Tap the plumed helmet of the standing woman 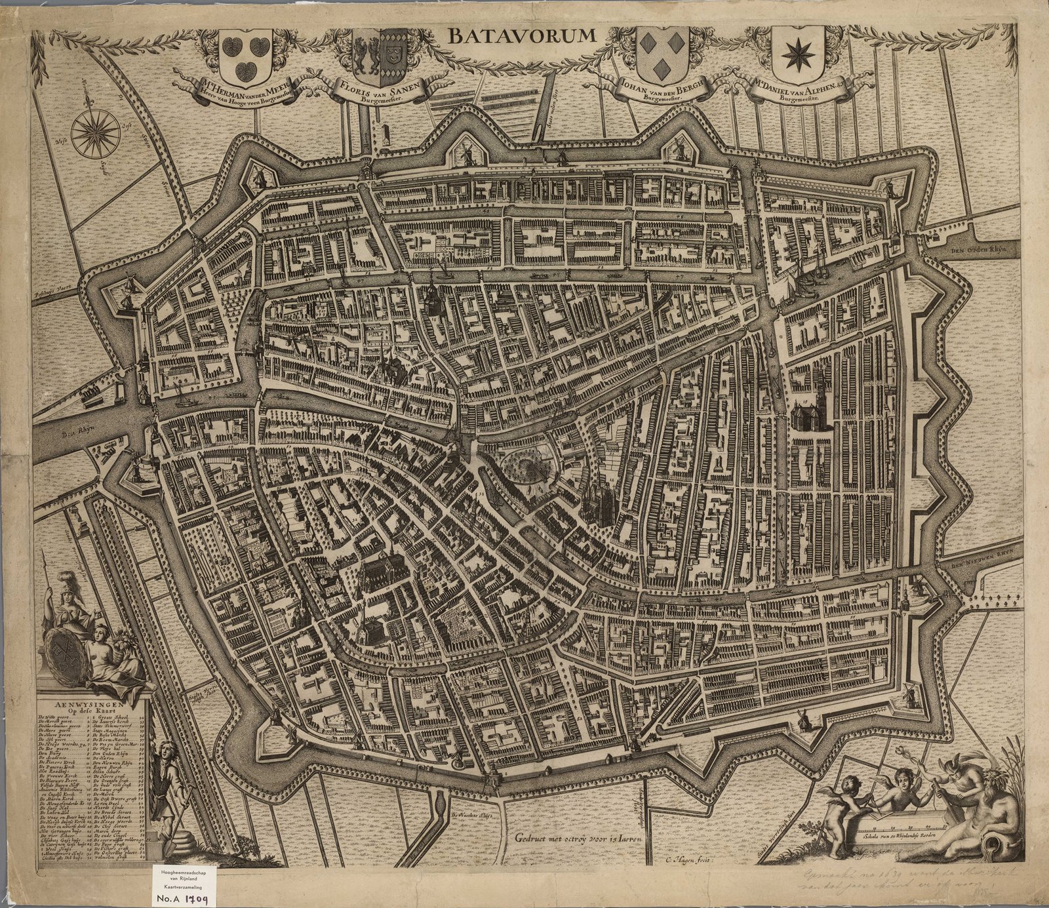tap(64, 581)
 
